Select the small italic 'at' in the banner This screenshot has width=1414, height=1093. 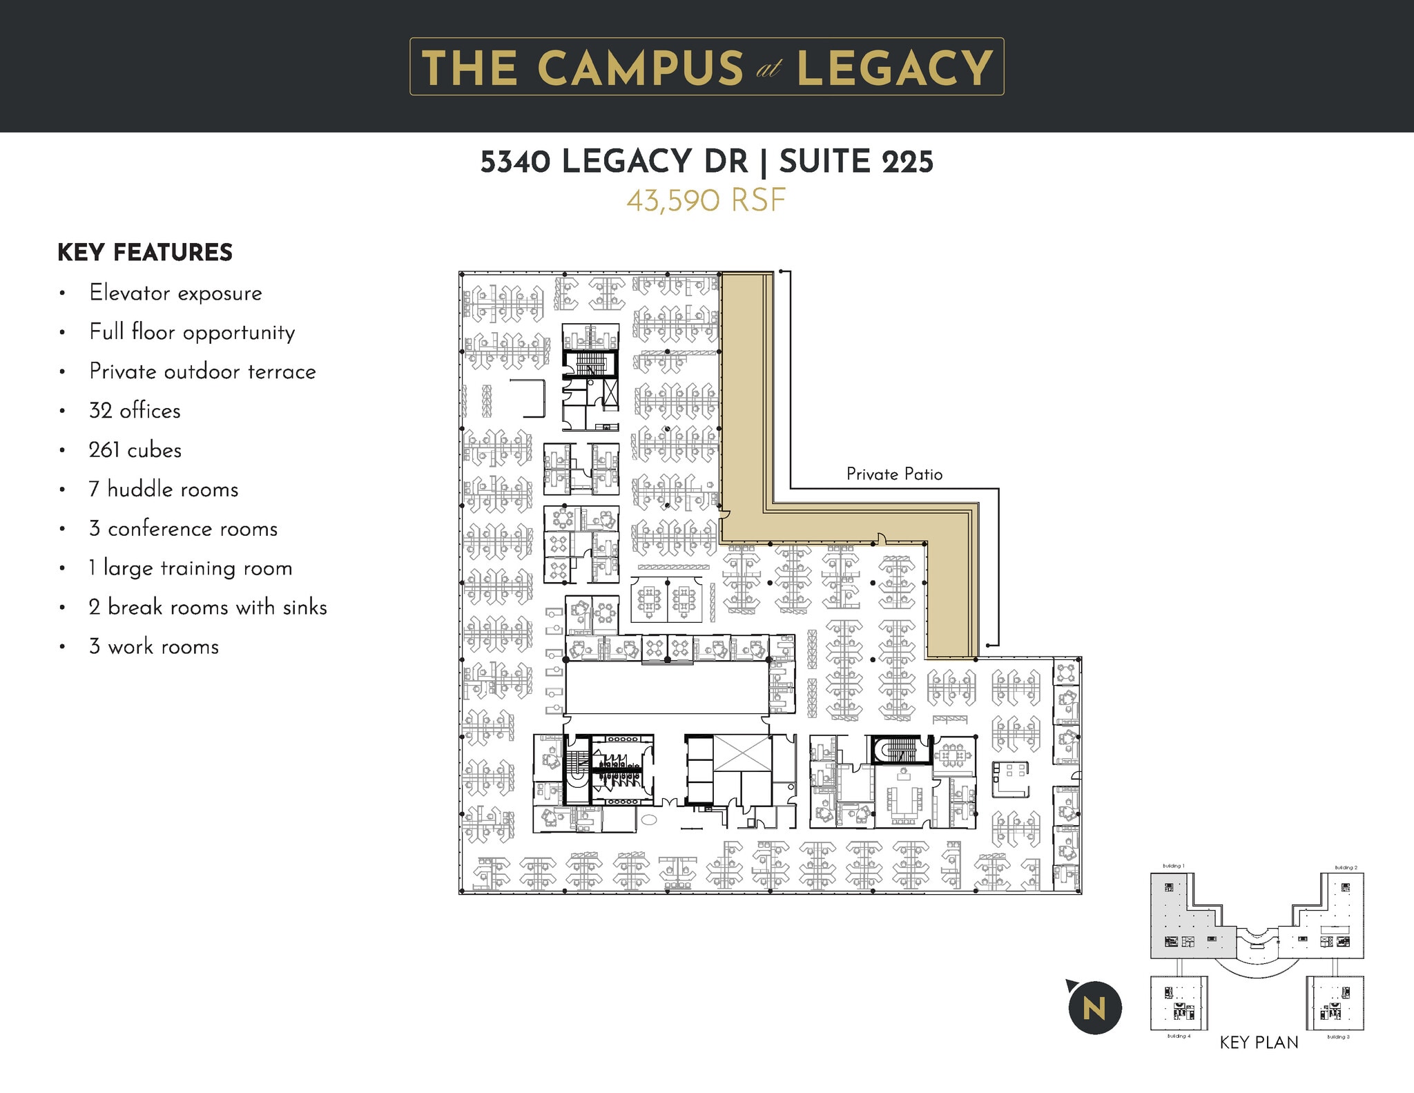coord(768,69)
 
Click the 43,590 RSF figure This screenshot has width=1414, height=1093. coord(706,201)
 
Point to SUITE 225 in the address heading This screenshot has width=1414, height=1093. coord(856,162)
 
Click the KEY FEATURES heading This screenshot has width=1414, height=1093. coord(145,253)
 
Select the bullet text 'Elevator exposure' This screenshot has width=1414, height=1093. coord(175,293)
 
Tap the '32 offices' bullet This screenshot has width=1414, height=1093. coord(135,411)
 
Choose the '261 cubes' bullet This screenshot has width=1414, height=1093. coord(135,450)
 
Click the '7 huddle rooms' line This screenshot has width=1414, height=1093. coord(164,490)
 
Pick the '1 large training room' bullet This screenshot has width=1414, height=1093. coord(191,568)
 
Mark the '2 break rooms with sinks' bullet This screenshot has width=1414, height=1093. coord(208,608)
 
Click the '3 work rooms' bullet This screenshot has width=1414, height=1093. coord(154,647)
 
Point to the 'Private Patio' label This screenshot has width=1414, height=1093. coord(894,474)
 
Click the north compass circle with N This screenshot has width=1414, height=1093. coord(1094,1007)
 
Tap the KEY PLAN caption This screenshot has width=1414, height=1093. coord(1259,1043)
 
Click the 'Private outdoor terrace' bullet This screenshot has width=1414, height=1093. coord(202,371)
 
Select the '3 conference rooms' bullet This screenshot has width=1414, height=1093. coord(183,529)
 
